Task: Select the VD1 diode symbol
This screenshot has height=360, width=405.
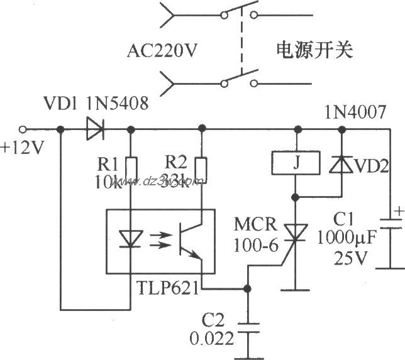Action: [x=95, y=130]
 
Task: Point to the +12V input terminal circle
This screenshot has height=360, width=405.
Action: [x=23, y=130]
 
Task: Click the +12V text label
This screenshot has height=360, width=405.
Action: [x=18, y=149]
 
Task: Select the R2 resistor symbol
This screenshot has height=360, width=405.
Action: [x=201, y=168]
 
